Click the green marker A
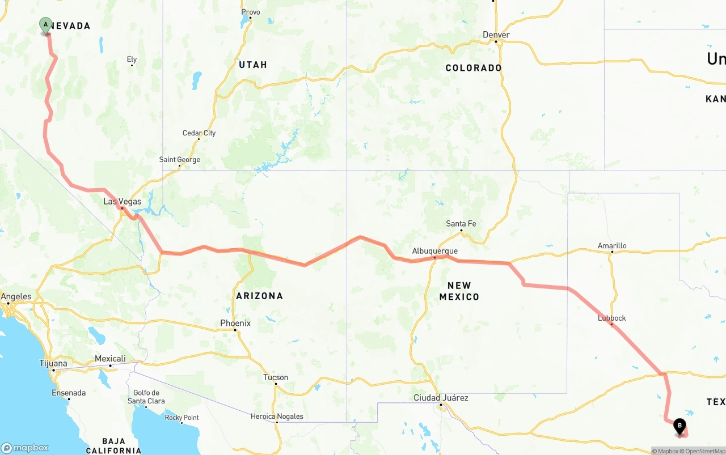click(45, 25)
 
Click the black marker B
click(679, 426)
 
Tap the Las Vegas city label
click(123, 202)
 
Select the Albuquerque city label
click(434, 251)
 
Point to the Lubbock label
click(612, 318)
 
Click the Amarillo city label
click(612, 246)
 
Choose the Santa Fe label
click(461, 224)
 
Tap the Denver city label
click(496, 35)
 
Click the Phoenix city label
click(235, 323)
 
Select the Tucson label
click(276, 377)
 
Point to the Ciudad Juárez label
click(441, 398)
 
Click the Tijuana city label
click(53, 363)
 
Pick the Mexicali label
click(110, 359)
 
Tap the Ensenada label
click(69, 393)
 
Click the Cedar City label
click(199, 133)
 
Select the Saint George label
click(180, 160)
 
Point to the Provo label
click(251, 12)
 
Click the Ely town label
click(132, 59)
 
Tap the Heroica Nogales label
click(277, 416)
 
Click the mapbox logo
click(25, 448)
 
